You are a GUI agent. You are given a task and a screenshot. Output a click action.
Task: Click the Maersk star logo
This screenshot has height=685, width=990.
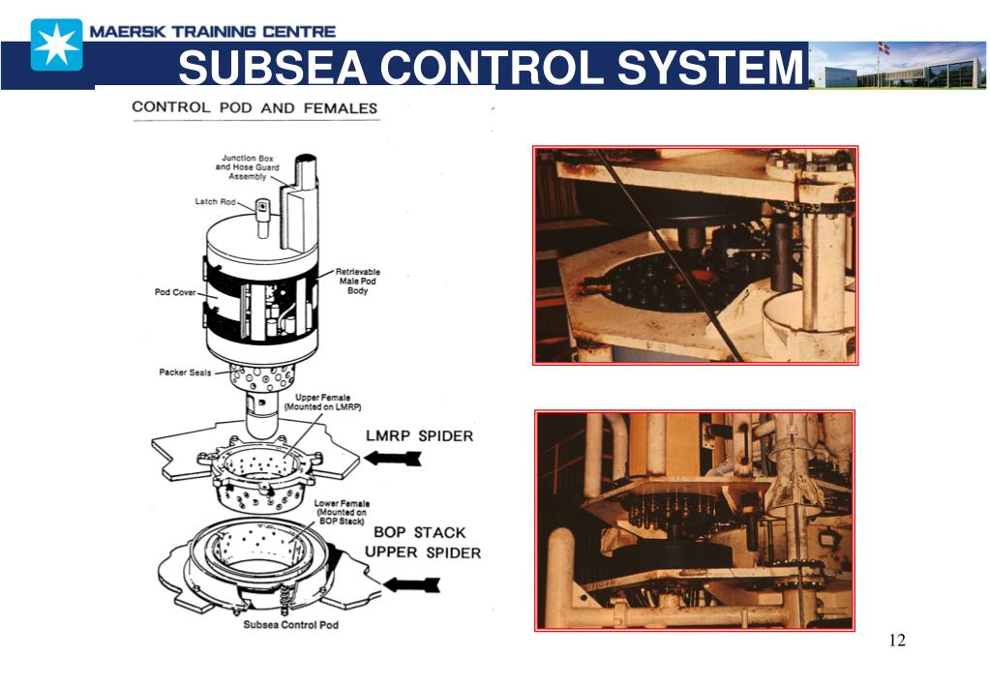coord(56,45)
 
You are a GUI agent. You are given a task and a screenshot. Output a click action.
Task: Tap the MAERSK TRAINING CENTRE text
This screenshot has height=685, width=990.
coord(213,32)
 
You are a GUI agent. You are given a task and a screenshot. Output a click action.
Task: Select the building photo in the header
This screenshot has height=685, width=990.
coord(897,66)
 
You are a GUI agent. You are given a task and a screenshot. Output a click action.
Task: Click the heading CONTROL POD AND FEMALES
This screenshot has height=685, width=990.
coord(255,107)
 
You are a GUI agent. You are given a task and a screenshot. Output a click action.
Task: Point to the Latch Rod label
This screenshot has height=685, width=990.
coord(215,202)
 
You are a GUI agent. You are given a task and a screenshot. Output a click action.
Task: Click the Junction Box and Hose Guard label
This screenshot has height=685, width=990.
coord(247,167)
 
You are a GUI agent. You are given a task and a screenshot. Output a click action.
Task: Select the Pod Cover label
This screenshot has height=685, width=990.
coord(175,292)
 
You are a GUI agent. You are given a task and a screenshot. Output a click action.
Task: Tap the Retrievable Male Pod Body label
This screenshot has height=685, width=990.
coord(358,281)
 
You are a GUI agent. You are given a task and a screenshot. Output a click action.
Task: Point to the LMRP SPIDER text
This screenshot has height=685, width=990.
coord(418,435)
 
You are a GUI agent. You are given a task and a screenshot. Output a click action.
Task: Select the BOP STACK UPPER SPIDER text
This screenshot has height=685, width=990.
coord(422,542)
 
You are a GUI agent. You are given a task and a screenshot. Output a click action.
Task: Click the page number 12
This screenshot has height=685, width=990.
coord(896,640)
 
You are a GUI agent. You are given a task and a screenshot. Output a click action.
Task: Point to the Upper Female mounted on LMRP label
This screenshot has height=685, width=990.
coord(307,402)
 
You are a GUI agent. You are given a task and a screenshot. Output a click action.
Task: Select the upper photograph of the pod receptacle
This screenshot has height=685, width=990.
coord(695,255)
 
